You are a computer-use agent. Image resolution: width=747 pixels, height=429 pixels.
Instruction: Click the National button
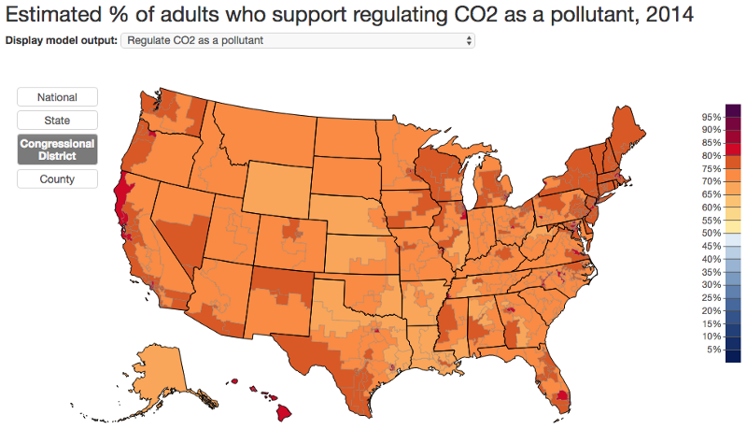tap(57, 97)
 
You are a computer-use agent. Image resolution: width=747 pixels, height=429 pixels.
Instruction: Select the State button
tap(57, 121)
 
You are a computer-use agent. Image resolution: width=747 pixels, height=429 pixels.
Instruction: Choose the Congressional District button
tap(57, 150)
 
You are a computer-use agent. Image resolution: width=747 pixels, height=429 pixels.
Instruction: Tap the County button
tap(57, 179)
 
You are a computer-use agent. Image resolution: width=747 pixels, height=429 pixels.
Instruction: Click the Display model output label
tap(62, 41)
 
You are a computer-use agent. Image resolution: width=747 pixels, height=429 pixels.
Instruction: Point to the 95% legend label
tap(711, 117)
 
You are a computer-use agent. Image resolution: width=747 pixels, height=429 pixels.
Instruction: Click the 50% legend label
tap(711, 233)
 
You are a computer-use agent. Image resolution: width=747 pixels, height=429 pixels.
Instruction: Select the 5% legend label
tap(713, 350)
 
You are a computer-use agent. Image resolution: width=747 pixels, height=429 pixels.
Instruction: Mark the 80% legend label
tap(711, 155)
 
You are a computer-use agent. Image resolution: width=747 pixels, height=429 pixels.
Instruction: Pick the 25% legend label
tap(711, 297)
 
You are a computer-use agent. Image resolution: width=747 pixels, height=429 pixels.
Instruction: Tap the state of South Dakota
tap(345, 173)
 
